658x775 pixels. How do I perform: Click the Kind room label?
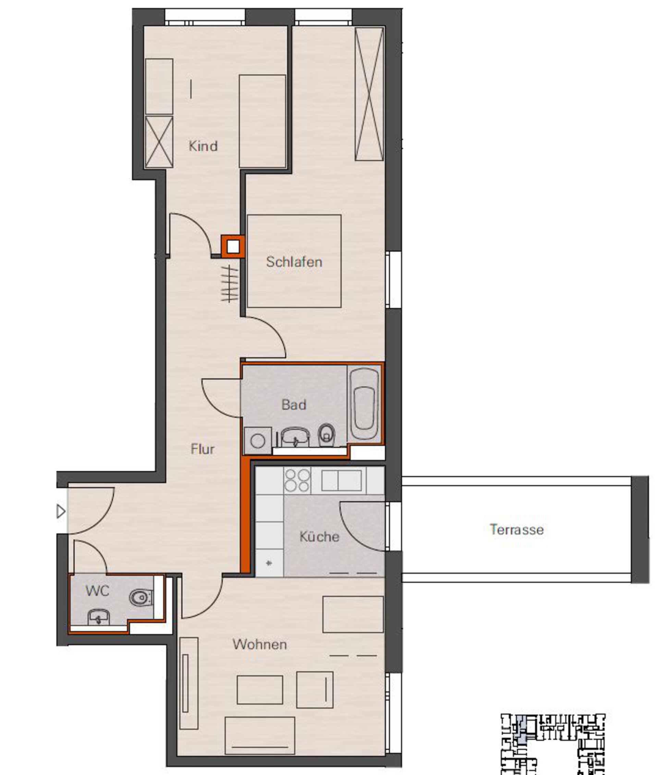[x=203, y=146]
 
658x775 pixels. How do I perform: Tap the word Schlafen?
[x=294, y=262]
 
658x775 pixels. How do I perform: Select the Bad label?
[x=294, y=405]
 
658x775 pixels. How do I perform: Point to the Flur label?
[x=203, y=449]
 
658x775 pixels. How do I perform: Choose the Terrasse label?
[x=516, y=530]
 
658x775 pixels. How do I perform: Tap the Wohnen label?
[x=260, y=644]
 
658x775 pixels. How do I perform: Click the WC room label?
[x=97, y=590]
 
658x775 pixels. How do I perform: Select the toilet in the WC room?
[x=141, y=598]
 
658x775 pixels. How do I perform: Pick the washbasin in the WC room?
[x=98, y=618]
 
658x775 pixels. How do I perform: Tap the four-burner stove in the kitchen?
[x=297, y=480]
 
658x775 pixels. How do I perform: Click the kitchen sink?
[x=342, y=480]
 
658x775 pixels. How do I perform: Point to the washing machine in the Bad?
[x=258, y=441]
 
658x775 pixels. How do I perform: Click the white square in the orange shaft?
[x=233, y=246]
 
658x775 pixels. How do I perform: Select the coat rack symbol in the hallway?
[x=229, y=284]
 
